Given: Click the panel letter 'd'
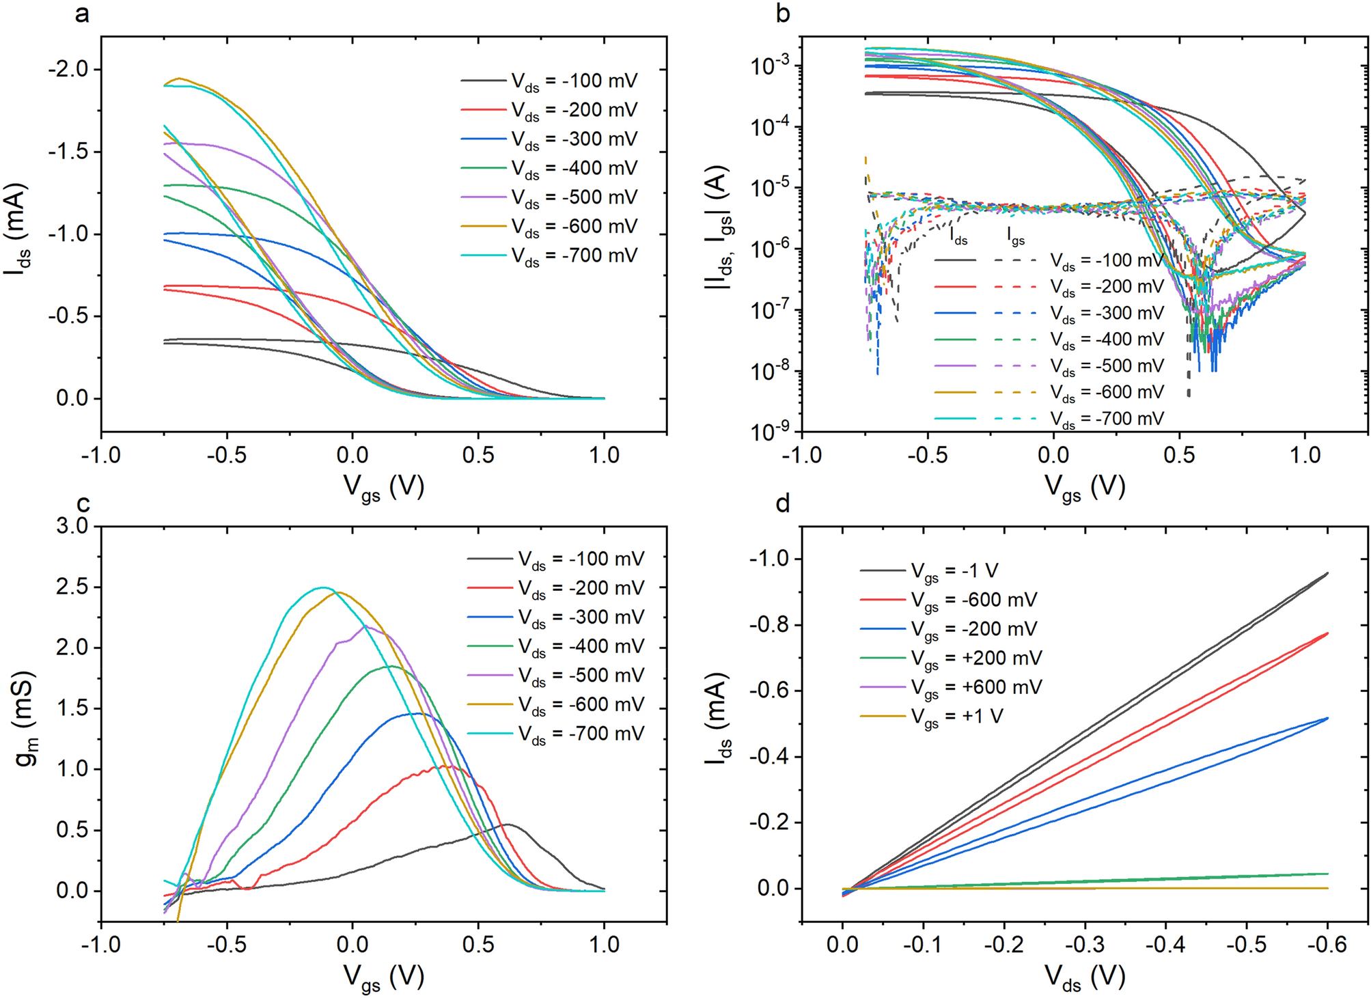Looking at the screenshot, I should (x=783, y=504).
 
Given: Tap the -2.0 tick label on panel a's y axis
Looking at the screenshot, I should (x=68, y=70).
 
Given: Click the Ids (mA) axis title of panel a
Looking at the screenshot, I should (x=18, y=229).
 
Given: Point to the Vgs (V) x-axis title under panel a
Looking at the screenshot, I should (x=383, y=487).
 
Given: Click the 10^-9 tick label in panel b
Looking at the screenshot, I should (x=770, y=432).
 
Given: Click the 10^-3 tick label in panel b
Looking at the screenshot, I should (x=770, y=66).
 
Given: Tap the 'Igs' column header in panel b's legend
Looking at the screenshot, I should (x=1016, y=237).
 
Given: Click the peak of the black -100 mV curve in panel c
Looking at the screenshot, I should (x=507, y=824).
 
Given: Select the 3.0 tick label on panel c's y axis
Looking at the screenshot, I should (x=72, y=527).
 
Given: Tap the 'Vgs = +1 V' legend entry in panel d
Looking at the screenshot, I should (x=956, y=717).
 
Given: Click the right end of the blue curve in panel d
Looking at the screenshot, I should (x=1327, y=718).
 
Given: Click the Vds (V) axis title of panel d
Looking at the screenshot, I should (x=1084, y=978).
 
